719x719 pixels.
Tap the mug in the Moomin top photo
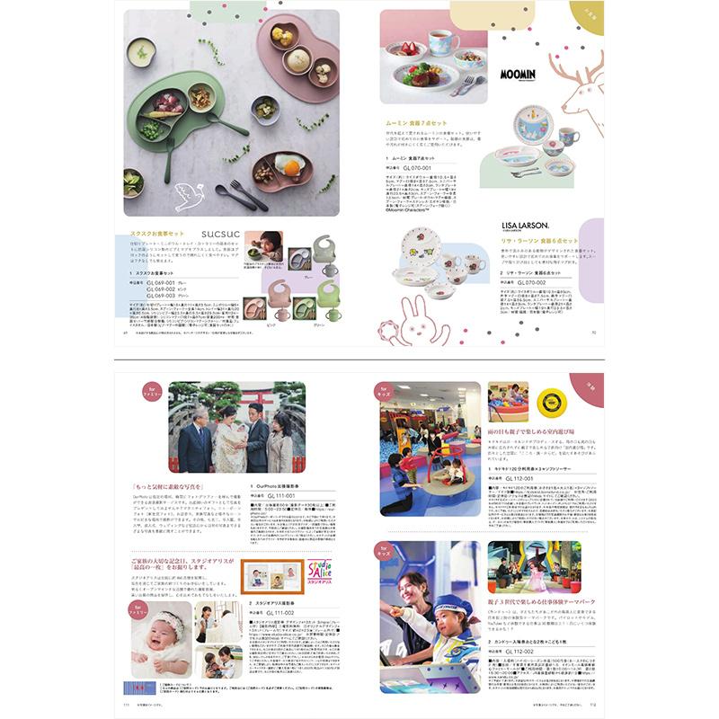click(x=447, y=38)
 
